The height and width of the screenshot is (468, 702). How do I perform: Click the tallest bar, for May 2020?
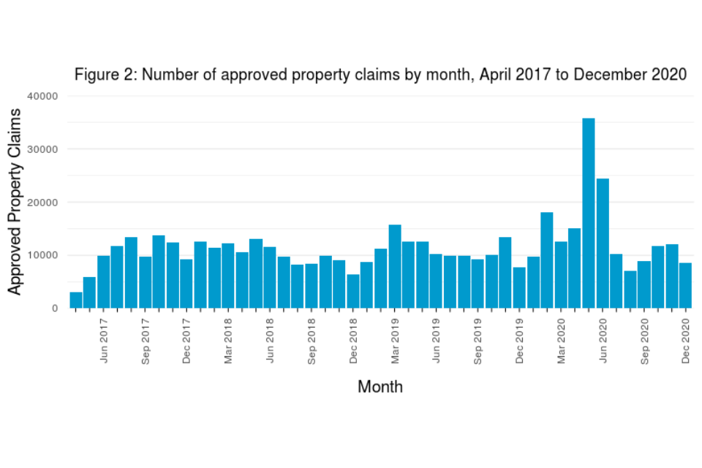point(588,213)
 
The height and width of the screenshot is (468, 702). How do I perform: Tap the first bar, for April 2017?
point(76,300)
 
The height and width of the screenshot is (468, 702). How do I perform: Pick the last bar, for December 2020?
point(685,286)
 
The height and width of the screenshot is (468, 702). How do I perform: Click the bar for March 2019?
point(394,266)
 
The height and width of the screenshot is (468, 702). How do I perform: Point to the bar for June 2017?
point(104,282)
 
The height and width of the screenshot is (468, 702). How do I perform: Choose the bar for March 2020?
point(561,275)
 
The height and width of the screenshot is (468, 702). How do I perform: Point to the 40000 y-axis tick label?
point(44,96)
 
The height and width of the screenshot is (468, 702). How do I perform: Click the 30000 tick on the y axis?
point(44,149)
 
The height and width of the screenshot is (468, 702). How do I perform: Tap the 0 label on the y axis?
point(55,309)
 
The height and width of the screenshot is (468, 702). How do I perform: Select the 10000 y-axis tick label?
point(44,255)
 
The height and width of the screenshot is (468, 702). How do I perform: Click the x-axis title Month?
point(380,387)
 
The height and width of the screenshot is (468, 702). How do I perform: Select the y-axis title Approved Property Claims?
point(15,201)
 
